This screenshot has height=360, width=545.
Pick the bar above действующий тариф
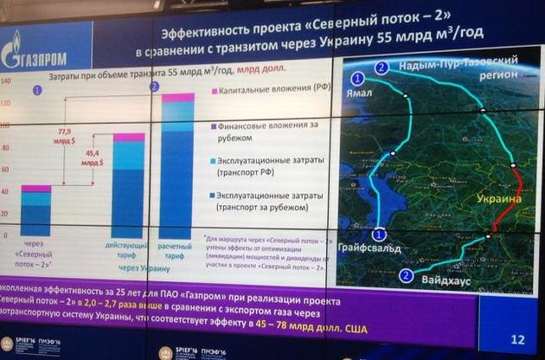pyautogui.click(x=128, y=186)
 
